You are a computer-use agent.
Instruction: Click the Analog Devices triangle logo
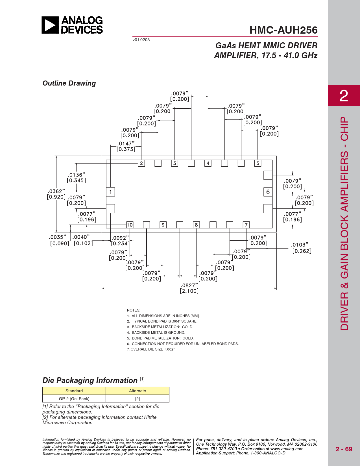click(50, 25)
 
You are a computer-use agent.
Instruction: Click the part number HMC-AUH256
click(283, 30)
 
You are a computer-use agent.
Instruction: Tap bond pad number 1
click(110, 192)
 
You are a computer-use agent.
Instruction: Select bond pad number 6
click(268, 192)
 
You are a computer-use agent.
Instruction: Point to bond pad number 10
click(130, 225)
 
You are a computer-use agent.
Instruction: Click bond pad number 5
click(258, 163)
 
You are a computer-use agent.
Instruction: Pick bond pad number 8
click(196, 225)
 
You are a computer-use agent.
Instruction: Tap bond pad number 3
click(174, 163)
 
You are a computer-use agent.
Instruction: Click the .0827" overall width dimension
click(189, 288)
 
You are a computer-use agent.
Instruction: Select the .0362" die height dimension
click(56, 194)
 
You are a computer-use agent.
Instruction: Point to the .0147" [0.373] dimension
click(126, 146)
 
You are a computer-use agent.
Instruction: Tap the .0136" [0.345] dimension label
click(76, 178)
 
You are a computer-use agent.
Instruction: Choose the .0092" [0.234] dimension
click(120, 241)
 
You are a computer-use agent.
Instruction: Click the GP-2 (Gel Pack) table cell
click(74, 399)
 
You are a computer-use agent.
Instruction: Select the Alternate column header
click(138, 391)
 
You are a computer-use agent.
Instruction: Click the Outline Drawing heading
click(69, 83)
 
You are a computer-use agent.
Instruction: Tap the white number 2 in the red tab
click(344, 96)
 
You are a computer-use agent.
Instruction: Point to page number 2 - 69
click(344, 449)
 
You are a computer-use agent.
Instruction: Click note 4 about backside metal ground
click(156, 333)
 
